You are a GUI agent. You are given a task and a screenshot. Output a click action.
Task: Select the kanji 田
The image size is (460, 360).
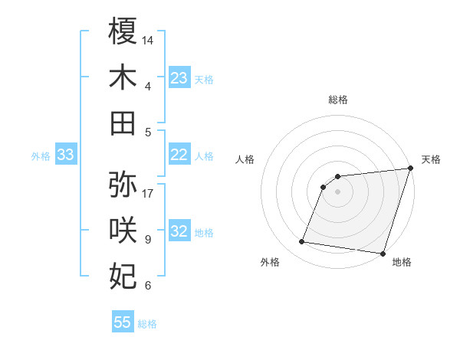click(x=123, y=123)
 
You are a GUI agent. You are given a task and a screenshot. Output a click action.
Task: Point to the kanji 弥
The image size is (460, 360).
click(x=123, y=185)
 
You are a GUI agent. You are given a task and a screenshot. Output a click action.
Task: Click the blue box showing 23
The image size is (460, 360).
click(x=179, y=77)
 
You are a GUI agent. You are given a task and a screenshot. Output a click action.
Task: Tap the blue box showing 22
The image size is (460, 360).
click(x=179, y=155)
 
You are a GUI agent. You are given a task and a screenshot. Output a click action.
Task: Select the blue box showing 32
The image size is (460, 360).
click(x=179, y=231)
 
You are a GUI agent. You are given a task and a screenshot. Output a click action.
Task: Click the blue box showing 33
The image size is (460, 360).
click(x=66, y=155)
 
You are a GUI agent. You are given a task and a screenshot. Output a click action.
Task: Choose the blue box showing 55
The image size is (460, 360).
click(x=123, y=322)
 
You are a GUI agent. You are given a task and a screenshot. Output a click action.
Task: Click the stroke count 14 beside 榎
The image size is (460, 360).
click(x=149, y=40)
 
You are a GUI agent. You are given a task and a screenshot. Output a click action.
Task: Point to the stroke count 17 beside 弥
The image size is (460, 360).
click(x=149, y=193)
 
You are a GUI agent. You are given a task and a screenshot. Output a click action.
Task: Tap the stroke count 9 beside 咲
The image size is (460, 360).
click(x=147, y=240)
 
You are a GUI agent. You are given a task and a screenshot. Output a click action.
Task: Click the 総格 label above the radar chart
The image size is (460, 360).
click(x=337, y=100)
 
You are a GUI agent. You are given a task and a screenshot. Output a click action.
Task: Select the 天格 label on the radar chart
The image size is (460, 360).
click(x=431, y=159)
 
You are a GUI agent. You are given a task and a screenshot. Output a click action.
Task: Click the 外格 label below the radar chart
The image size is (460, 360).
click(x=270, y=262)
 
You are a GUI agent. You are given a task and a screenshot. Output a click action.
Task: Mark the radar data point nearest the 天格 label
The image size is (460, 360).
click(x=409, y=169)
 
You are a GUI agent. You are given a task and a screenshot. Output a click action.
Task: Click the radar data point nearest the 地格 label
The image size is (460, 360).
click(x=382, y=254)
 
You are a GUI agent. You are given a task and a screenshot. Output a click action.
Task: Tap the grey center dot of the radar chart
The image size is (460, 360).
click(x=337, y=191)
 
